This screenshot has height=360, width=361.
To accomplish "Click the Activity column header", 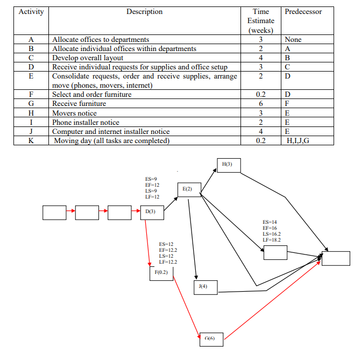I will click(31, 12).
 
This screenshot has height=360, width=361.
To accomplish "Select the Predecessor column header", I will click(303, 12).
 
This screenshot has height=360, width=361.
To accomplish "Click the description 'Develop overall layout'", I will click(88, 58).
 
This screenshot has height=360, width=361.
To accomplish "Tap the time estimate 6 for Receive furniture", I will click(260, 103).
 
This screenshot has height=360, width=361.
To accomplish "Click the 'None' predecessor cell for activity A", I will click(293, 39).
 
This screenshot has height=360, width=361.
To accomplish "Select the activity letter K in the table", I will click(31, 141).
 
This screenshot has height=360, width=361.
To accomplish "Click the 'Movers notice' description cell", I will click(75, 113).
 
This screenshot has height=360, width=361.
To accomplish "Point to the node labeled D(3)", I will click(151, 212).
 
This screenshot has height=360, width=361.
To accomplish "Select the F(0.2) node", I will click(161, 273).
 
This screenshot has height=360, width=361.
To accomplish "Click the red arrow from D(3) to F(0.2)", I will click(148, 242).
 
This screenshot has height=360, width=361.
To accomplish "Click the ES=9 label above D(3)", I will click(151, 179).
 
